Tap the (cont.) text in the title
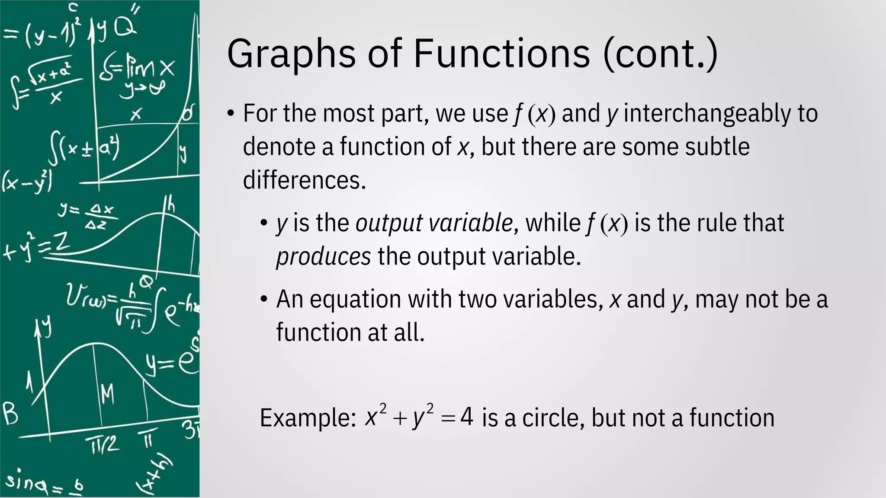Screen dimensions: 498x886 click(660, 54)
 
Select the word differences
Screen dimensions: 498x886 click(305, 180)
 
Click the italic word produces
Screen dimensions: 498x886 click(323, 257)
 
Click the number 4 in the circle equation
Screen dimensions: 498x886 click(466, 418)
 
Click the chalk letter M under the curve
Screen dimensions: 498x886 click(107, 394)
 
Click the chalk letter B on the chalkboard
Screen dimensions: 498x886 click(10, 413)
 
